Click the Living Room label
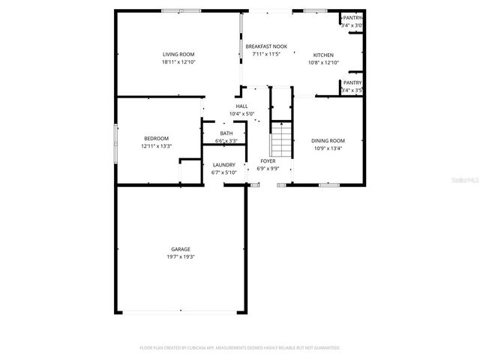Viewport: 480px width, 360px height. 178,55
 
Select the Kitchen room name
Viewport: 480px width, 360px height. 323,55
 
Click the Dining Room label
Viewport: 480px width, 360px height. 328,141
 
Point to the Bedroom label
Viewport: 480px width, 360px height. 156,138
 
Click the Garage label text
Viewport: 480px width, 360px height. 180,249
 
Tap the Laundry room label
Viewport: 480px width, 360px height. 224,165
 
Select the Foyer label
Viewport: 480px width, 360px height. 268,161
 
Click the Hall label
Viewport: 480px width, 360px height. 241,106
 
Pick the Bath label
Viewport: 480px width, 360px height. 226,133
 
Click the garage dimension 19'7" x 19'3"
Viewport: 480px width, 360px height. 180,256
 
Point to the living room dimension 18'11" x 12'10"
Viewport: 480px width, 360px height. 178,62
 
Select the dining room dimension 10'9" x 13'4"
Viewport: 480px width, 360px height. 328,148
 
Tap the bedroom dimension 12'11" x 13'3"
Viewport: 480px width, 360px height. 156,145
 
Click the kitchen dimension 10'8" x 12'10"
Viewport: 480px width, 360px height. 323,62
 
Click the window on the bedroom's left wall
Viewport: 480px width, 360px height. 115,142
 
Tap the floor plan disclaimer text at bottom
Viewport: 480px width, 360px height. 240,348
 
